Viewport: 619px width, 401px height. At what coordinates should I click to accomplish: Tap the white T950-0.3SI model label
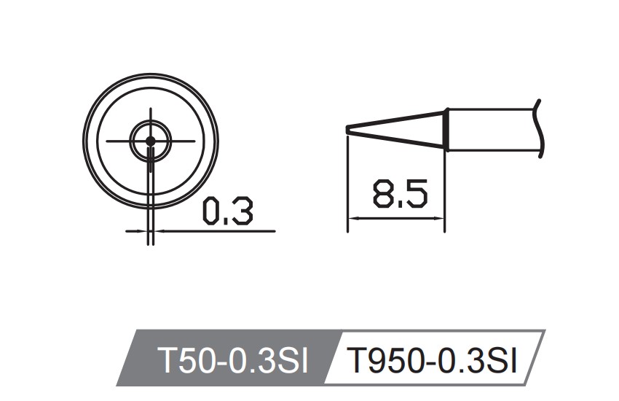point(433,359)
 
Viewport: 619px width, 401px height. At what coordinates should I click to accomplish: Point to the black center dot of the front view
point(150,140)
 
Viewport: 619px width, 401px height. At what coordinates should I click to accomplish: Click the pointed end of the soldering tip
point(347,130)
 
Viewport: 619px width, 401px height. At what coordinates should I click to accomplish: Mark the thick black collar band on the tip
point(446,130)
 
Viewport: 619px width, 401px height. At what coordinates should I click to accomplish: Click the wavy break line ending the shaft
point(540,128)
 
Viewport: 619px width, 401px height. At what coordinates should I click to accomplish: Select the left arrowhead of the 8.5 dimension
point(352,218)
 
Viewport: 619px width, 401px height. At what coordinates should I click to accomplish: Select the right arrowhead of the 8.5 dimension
point(440,218)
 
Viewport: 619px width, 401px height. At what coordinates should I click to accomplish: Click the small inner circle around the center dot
point(150,126)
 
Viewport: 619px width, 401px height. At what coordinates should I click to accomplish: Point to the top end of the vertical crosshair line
point(150,109)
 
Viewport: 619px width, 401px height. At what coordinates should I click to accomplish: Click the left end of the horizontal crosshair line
point(107,140)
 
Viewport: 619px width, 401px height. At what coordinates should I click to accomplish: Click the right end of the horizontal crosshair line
point(196,140)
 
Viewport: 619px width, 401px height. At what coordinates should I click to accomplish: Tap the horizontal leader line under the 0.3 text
point(218,231)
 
